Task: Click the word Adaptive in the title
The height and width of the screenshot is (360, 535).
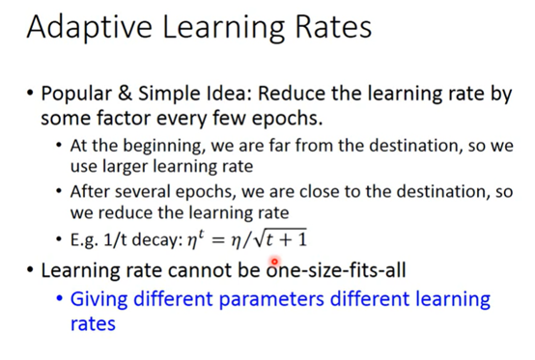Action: coord(90,28)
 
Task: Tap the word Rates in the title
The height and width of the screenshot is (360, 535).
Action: coord(333,27)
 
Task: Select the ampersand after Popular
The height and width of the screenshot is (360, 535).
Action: coord(125,93)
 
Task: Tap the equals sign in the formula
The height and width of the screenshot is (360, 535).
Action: coord(218,240)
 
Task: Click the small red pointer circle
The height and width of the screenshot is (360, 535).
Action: coord(274,262)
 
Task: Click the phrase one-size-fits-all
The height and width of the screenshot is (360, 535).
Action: coord(336,269)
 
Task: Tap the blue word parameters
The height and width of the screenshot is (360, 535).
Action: coord(271,299)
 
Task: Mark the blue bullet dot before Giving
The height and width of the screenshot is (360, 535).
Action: coord(60,298)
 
